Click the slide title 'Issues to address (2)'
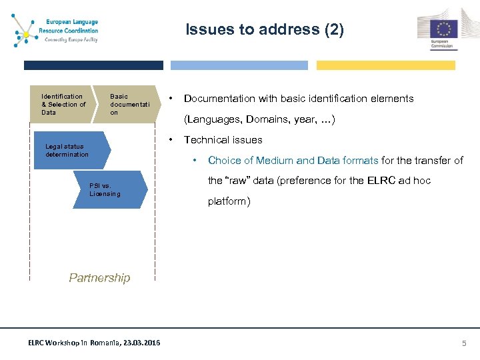coord(265,29)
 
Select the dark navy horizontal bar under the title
coord(93,65)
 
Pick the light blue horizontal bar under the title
coord(239,65)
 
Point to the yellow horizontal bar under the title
coord(385,65)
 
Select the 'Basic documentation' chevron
coord(127,105)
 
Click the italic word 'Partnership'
coord(99,278)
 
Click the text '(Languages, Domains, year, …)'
coord(259,119)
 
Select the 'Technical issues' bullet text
coord(223,140)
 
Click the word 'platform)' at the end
coord(229,201)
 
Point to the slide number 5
coord(465,343)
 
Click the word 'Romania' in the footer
coord(100,343)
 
